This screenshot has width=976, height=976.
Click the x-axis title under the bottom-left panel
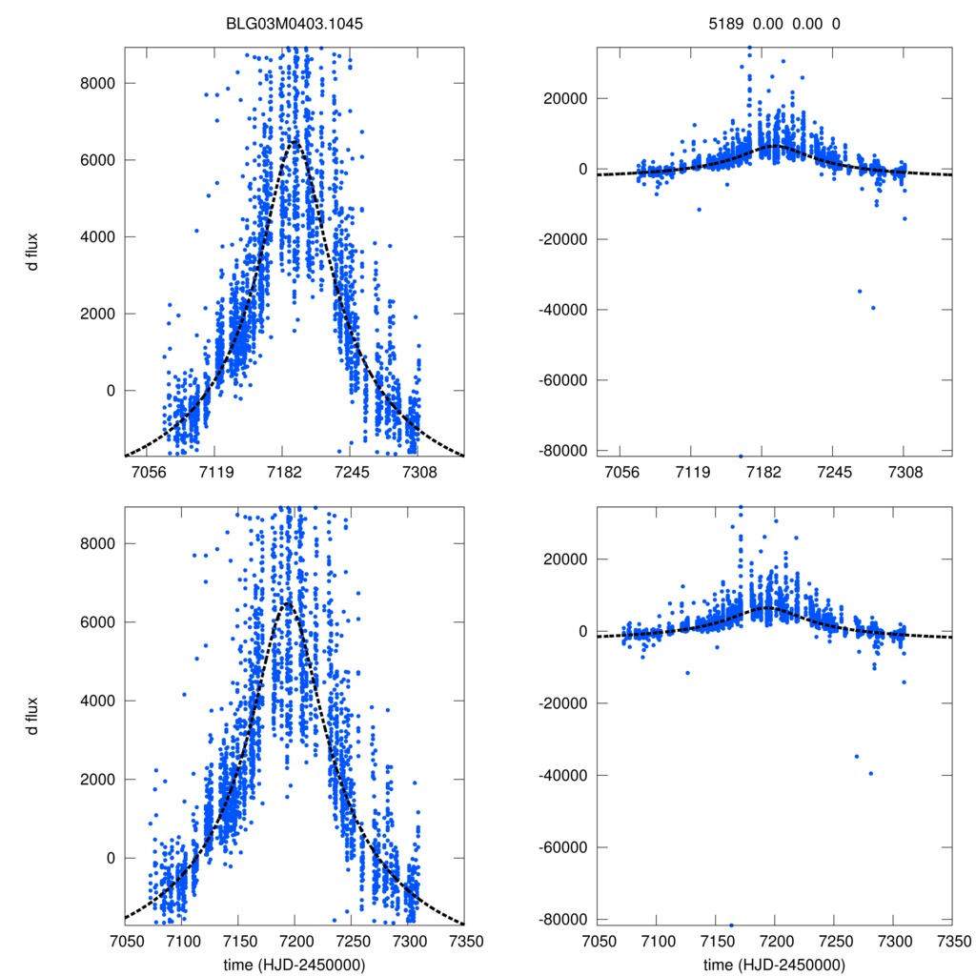[x=295, y=965]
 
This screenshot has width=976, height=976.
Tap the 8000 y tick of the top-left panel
[x=95, y=83]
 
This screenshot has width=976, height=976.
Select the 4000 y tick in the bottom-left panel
[x=95, y=701]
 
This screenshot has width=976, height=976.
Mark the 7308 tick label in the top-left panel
[x=419, y=471]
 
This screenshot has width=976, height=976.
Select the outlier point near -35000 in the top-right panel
[x=860, y=291]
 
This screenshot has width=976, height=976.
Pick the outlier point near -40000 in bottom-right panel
[x=871, y=773]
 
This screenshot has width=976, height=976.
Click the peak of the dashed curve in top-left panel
[x=295, y=141]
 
